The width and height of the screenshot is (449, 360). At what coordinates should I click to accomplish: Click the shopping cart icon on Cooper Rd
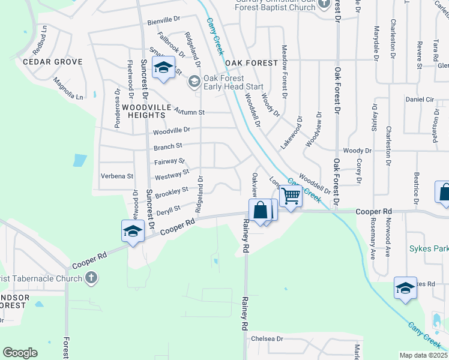coord(291,195)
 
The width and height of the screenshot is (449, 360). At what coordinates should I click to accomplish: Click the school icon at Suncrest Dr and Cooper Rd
coord(133,231)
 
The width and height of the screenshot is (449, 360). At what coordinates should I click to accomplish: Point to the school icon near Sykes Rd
coord(405,289)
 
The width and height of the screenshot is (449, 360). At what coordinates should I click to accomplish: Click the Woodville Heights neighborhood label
coord(143,110)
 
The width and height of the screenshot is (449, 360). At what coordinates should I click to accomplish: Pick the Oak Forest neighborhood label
coord(252,62)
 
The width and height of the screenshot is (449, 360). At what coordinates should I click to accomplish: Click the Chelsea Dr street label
coord(267,338)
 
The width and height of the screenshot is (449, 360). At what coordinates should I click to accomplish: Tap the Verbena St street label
coord(118,176)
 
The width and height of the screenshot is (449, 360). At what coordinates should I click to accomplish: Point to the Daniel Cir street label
coord(420,99)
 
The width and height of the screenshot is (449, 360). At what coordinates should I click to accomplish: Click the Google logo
coord(20,353)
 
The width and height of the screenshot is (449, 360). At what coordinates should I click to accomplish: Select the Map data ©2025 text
coord(423,355)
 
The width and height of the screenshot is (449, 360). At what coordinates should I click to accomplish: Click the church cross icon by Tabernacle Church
coord(91,277)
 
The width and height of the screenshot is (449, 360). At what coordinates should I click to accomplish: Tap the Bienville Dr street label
coord(164,22)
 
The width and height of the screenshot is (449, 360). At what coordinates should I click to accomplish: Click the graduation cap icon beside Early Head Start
coord(194,82)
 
